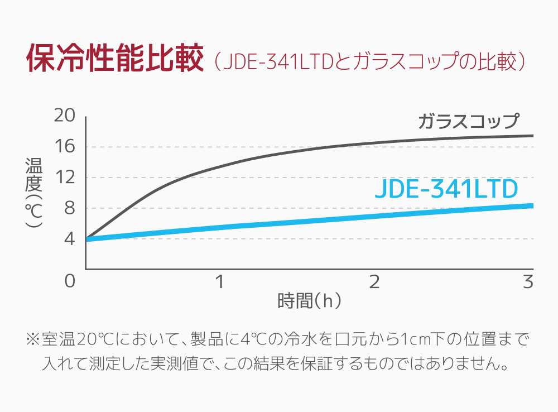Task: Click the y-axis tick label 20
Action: point(64,116)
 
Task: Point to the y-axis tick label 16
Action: point(64,146)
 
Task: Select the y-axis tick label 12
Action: point(64,178)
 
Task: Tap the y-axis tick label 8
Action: point(69,208)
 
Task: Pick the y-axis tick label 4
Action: point(69,239)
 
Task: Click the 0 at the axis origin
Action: point(69,281)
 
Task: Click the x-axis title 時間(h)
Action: point(309,301)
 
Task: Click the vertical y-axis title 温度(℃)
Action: point(34,193)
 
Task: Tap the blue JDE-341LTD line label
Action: point(446,190)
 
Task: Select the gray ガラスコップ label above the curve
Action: point(468,121)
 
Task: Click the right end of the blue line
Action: point(532,205)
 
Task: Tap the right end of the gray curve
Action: point(532,136)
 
